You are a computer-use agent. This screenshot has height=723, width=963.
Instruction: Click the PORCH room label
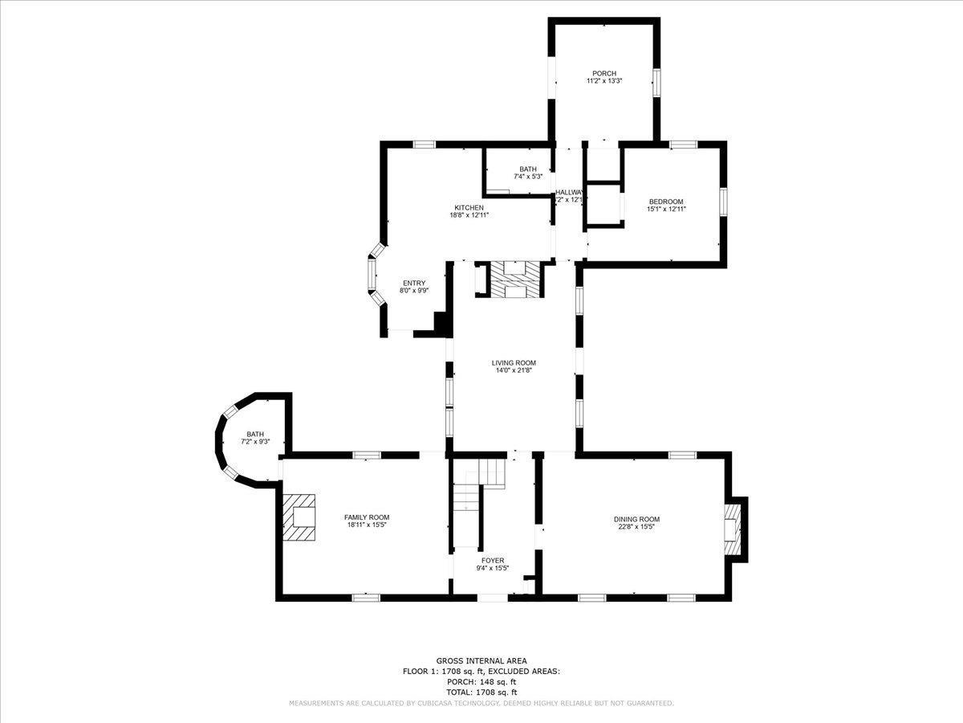[603, 73]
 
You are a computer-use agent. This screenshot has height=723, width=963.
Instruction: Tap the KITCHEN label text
[469, 207]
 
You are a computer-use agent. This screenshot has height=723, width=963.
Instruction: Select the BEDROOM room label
[666, 202]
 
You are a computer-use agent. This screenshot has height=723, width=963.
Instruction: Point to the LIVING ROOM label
[514, 363]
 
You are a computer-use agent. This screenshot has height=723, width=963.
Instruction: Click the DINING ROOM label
[636, 520]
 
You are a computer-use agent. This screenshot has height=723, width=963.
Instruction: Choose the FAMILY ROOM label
[367, 517]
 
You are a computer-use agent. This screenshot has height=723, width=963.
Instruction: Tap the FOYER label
[493, 560]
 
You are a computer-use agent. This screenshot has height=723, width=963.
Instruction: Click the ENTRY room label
[414, 283]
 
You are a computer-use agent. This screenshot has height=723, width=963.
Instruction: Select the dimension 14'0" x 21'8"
[514, 371]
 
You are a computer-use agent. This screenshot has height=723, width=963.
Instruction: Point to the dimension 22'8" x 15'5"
[636, 528]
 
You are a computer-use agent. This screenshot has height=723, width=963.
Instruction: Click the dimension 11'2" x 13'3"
[603, 81]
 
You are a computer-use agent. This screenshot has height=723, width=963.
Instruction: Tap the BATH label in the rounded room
[255, 434]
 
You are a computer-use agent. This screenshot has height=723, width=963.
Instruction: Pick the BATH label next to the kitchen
[527, 169]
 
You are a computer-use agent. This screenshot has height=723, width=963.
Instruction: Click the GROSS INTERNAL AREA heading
[481, 660]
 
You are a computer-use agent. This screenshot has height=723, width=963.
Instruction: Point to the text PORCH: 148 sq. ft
[481, 681]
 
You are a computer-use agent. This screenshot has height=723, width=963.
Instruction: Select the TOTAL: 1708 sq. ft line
[481, 692]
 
